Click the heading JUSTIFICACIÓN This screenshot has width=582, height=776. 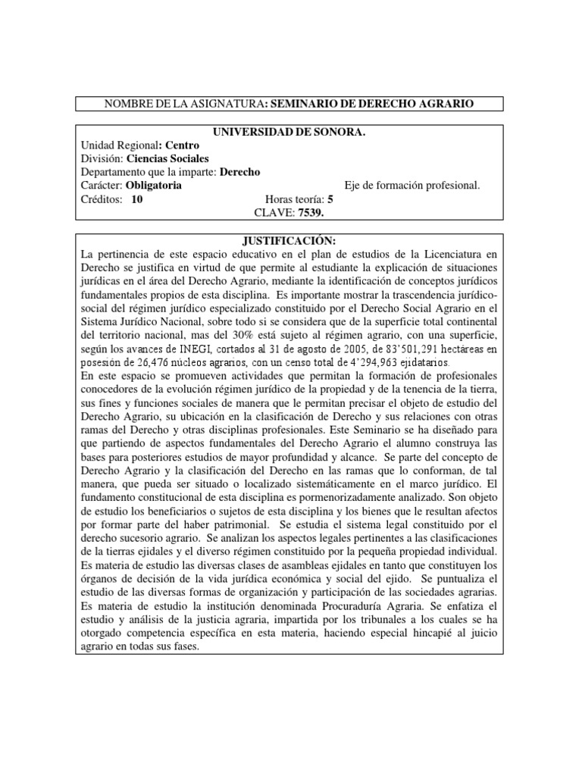pos(290,240)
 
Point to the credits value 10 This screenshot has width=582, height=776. pos(136,199)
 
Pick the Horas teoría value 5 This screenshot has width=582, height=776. pos(330,199)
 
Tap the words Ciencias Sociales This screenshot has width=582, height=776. pos(168,158)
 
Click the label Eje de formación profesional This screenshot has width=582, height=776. pos(412,186)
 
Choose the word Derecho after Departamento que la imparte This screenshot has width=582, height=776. pos(239,172)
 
